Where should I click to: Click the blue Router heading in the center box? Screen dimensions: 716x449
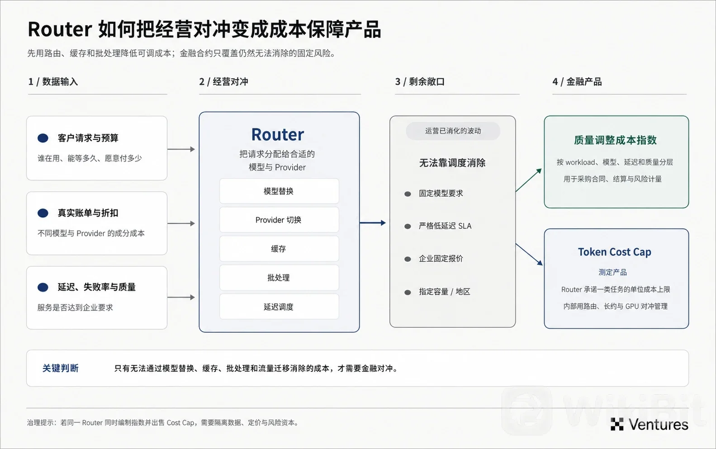point(277,135)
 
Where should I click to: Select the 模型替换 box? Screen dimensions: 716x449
point(279,191)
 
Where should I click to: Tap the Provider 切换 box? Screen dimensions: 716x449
point(279,220)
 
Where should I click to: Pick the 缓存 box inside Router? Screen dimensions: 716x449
point(279,249)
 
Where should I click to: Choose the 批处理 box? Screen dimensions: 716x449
point(279,278)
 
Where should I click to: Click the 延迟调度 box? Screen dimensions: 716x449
point(279,307)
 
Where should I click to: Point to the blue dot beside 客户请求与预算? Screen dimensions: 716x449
point(43,138)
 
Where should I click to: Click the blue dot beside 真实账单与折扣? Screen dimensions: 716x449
point(43,213)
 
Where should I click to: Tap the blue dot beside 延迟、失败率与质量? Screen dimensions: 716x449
point(43,287)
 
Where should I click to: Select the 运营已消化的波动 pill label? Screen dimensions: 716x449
point(453,131)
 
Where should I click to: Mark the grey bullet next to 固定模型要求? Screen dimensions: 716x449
point(408,194)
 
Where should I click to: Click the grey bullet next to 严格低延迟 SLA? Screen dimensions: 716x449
point(408,227)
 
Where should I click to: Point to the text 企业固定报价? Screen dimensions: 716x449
point(441,259)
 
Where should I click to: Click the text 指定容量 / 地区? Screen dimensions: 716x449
point(444,292)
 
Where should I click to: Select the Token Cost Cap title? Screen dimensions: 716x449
point(614,252)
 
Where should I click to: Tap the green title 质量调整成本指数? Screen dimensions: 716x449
point(615,140)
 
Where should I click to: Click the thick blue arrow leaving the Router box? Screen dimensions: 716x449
point(373,223)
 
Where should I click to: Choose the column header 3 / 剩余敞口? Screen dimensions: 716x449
point(420,82)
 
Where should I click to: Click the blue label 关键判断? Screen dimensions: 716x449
point(61,368)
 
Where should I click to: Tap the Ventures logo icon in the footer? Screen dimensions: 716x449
point(617,425)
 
